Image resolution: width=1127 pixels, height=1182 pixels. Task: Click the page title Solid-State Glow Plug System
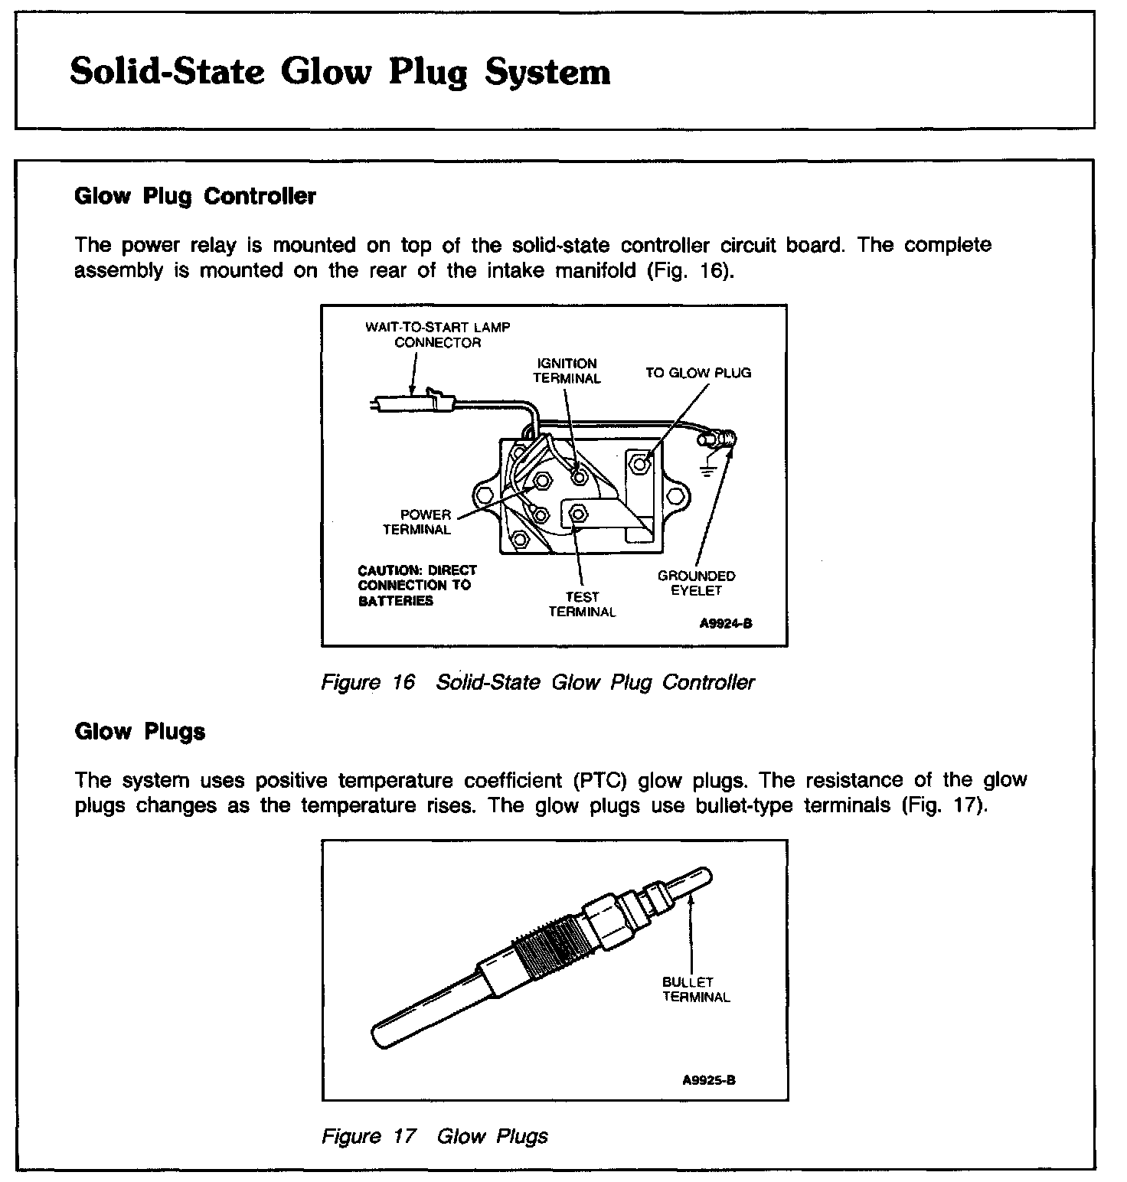pos(340,73)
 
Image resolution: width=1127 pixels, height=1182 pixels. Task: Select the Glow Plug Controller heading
pos(194,197)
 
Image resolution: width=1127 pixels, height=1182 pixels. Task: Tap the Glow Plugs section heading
pos(140,732)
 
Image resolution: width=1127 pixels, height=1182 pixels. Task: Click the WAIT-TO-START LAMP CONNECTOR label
pos(437,335)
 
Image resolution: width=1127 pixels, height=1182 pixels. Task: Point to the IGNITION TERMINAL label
pos(567,371)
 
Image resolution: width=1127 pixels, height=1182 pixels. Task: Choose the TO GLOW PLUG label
pos(698,374)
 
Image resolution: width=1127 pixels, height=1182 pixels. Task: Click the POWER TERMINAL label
pos(419,522)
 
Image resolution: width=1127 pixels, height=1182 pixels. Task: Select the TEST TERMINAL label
pos(582,604)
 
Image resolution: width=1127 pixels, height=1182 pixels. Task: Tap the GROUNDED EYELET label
pos(696,583)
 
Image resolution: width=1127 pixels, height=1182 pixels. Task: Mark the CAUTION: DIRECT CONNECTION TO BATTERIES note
pos(417,586)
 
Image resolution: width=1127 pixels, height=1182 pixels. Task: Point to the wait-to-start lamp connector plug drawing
pos(413,401)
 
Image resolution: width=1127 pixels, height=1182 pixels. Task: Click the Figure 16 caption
pos(537,682)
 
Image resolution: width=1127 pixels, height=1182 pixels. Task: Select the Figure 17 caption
pos(434,1136)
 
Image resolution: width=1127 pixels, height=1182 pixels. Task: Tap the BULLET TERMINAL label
pos(696,989)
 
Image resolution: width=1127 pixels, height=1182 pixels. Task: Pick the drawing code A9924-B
pos(725,623)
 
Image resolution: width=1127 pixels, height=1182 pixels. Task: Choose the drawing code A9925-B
pos(709,1080)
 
